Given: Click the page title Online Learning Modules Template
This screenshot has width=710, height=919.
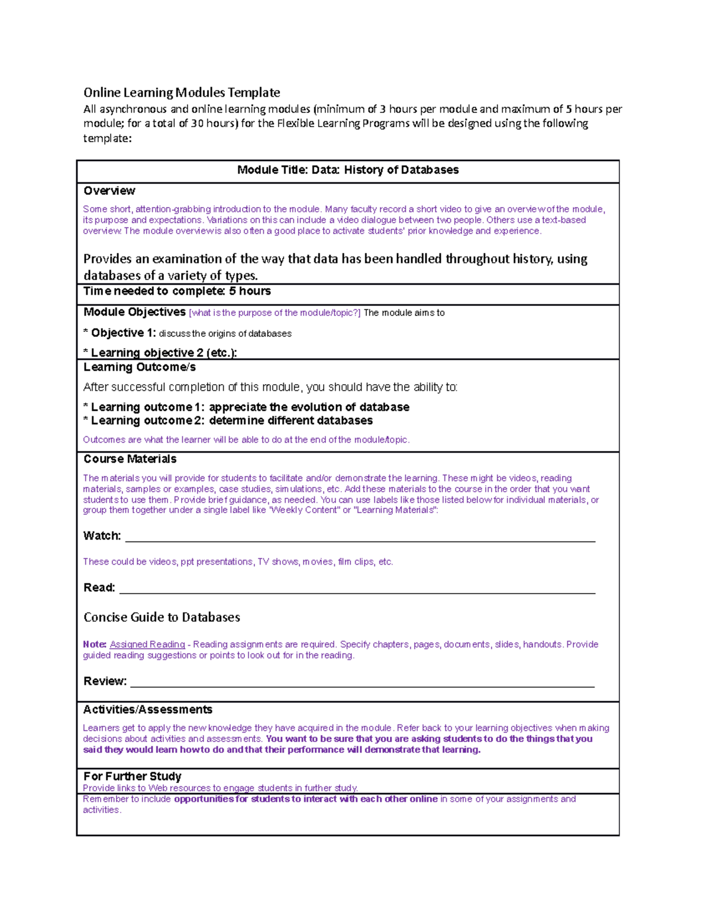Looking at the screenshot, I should [182, 92].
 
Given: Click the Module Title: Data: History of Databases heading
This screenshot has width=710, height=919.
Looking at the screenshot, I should [348, 170].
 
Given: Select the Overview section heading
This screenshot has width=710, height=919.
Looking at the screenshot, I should [109, 191].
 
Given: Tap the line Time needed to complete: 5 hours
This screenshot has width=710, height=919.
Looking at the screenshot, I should [177, 291].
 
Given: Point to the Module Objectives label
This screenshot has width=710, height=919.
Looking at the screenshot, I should [134, 312].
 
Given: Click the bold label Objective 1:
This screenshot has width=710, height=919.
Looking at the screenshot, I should [123, 333].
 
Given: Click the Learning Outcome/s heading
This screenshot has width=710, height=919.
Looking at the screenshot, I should [140, 367].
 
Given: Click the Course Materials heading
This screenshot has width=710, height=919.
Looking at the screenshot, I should [130, 459].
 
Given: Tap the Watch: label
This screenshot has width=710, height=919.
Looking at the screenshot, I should [102, 536].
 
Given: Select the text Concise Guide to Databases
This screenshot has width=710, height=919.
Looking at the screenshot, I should [162, 617].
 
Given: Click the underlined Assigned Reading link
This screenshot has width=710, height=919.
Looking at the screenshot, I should [147, 644].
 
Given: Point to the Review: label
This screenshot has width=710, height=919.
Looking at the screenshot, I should [105, 681].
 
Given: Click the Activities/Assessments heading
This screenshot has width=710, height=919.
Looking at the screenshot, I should [148, 710].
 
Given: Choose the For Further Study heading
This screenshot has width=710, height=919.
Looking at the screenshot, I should [133, 776].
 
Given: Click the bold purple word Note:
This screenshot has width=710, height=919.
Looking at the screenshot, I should [95, 644].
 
